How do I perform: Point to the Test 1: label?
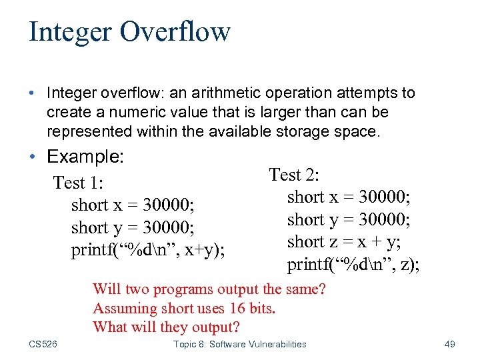[82, 182]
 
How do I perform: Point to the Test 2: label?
[294, 175]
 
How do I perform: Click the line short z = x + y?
[349, 242]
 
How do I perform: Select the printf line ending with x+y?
[148, 251]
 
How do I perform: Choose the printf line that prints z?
[353, 265]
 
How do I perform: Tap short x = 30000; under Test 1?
[133, 205]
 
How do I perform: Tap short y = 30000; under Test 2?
[349, 219]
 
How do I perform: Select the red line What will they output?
[166, 327]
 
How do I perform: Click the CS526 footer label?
[43, 344]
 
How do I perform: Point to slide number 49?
[449, 344]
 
